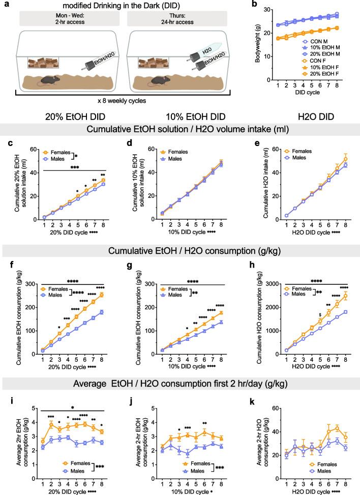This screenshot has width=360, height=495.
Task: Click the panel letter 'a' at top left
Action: click(4, 5)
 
